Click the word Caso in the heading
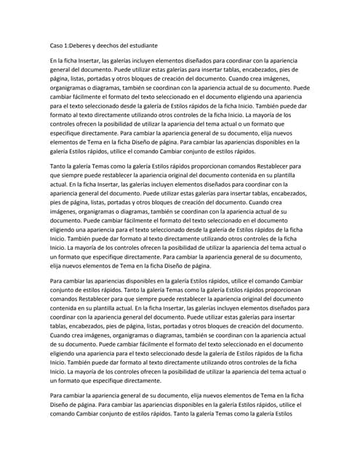57,45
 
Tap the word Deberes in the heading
89,45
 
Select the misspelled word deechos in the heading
124,45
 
